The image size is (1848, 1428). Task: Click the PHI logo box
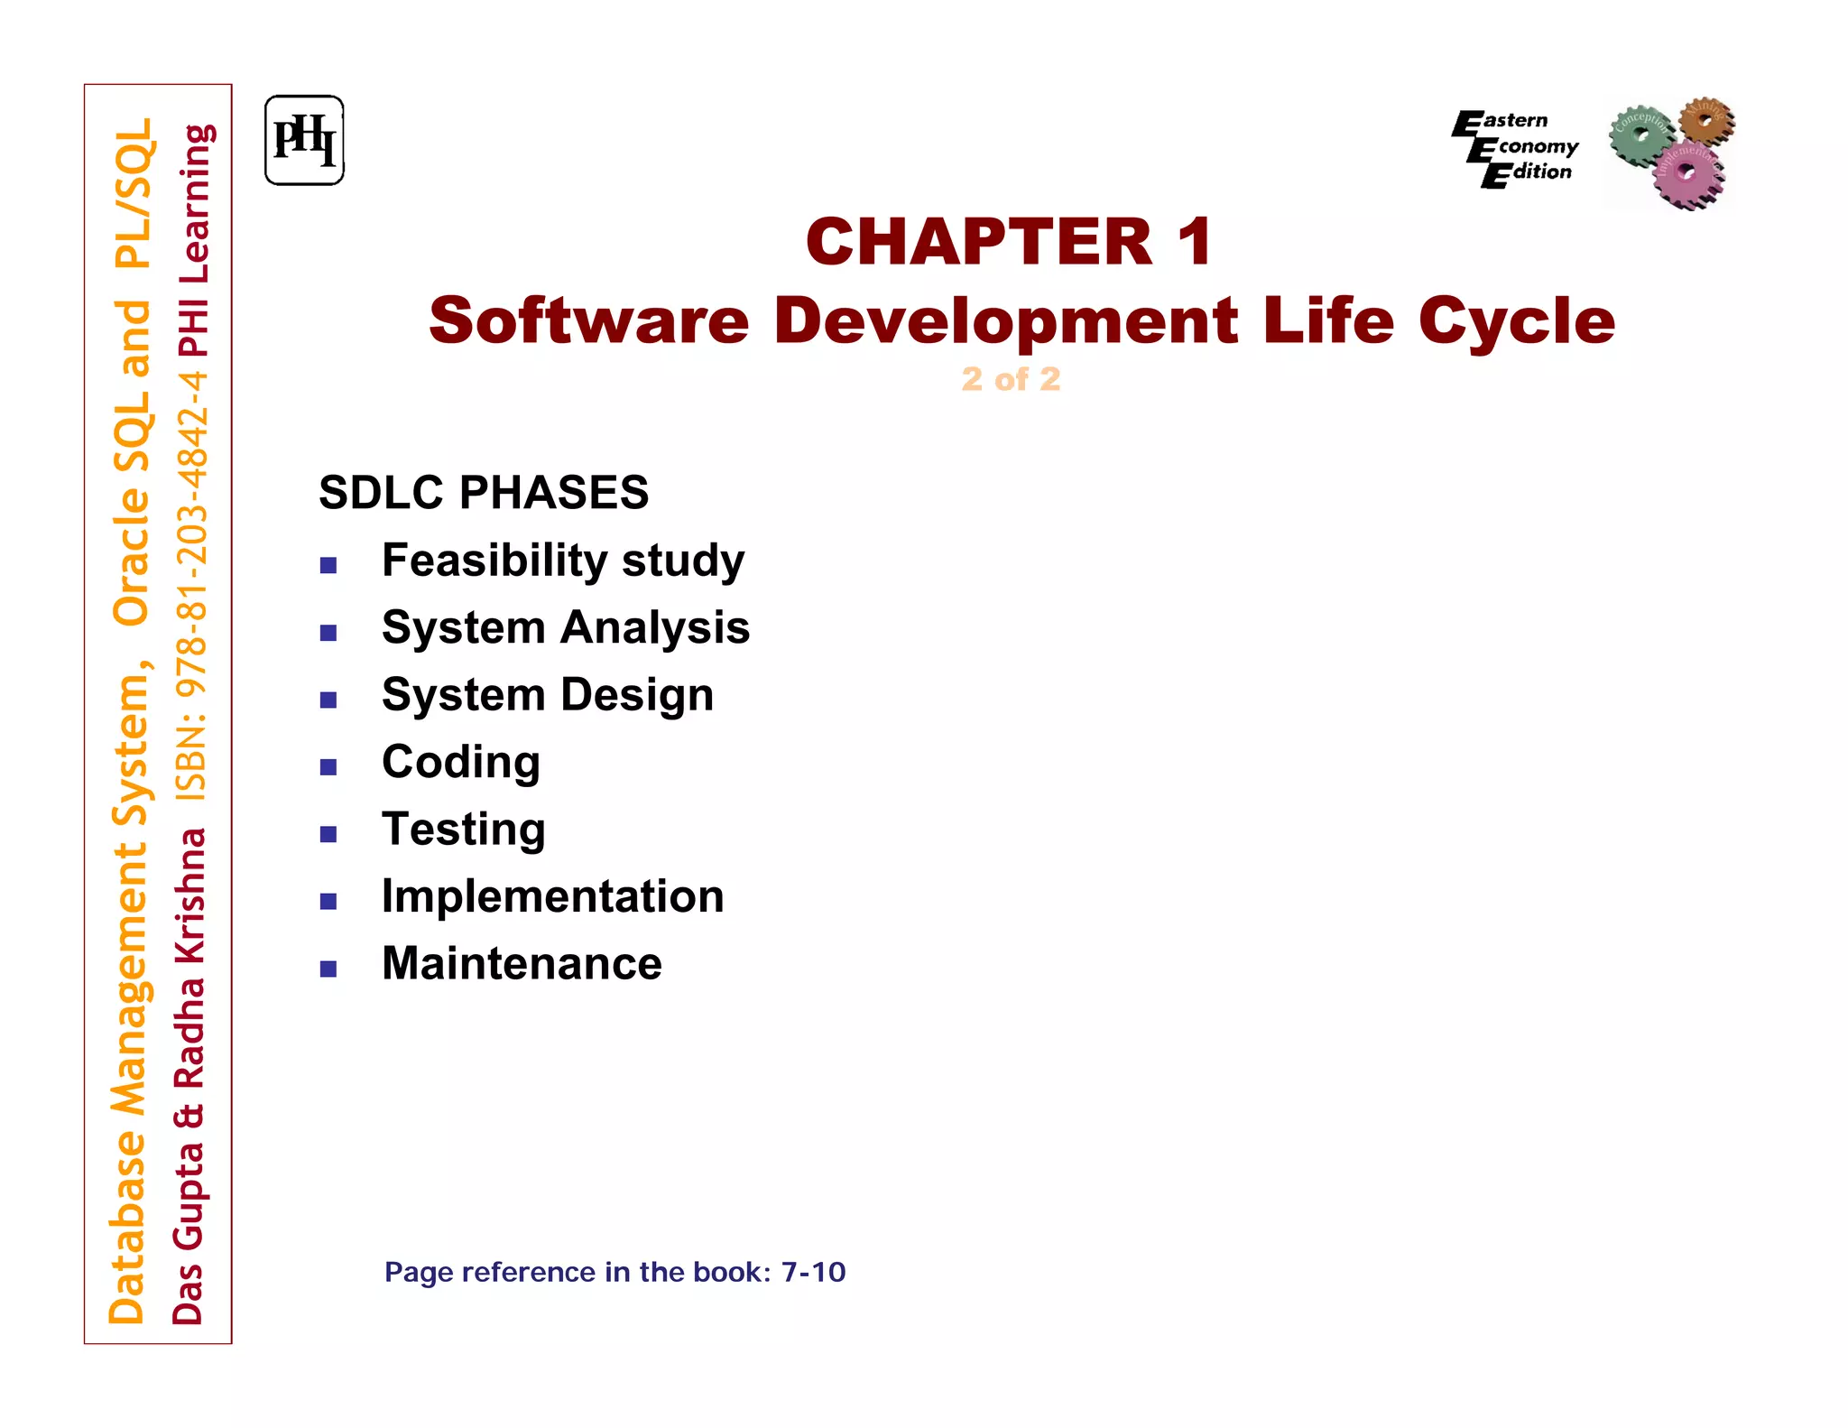click(x=304, y=141)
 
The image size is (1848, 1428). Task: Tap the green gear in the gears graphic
click(x=1640, y=134)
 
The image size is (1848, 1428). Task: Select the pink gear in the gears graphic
click(x=1686, y=172)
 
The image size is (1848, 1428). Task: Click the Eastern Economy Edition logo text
click(x=1516, y=147)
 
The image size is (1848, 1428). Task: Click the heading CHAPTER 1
click(x=1009, y=242)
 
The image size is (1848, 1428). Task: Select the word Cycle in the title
click(x=1516, y=321)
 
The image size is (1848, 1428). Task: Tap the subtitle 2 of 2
click(x=1010, y=379)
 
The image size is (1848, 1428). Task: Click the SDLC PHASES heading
click(x=484, y=493)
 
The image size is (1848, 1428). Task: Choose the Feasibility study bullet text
click(x=563, y=561)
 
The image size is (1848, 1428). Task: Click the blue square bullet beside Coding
click(x=328, y=767)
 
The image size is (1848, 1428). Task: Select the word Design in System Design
click(x=637, y=695)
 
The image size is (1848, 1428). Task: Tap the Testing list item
click(x=464, y=830)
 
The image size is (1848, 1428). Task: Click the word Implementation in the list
click(x=552, y=896)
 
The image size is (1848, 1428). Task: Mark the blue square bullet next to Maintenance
click(x=328, y=969)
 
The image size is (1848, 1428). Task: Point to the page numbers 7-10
click(x=813, y=1272)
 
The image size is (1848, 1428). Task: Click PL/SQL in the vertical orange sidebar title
click(x=134, y=194)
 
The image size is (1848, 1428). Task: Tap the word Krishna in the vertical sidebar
click(x=190, y=894)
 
